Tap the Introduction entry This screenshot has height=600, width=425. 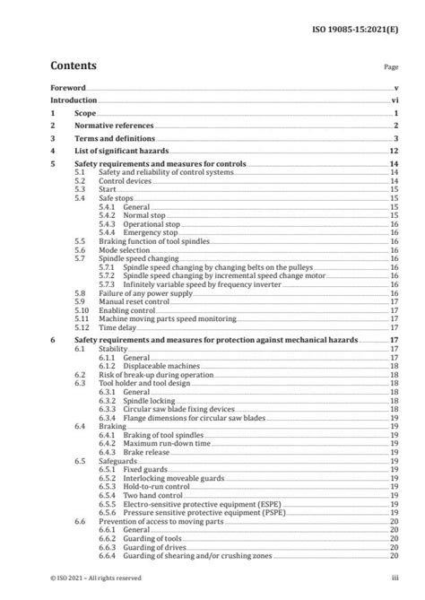click(74, 101)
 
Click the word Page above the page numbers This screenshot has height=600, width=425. click(391, 67)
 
